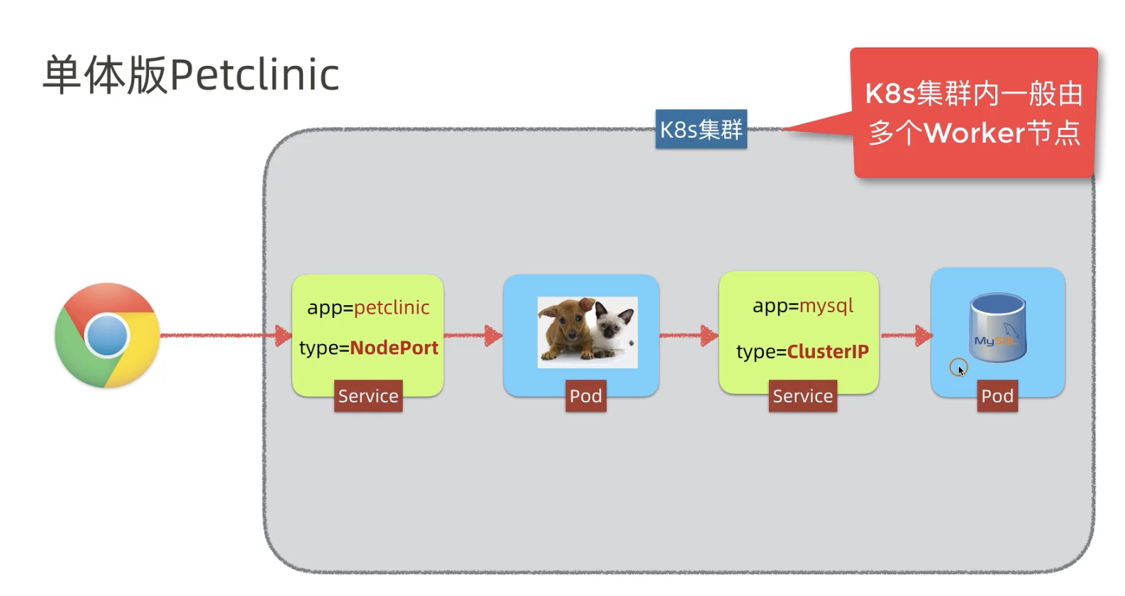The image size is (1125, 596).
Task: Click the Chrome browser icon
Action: coord(107,335)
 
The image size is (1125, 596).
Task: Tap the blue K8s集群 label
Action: coord(701,129)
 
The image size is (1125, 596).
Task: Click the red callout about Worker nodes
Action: coord(973,114)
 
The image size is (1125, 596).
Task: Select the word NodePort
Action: coord(394,348)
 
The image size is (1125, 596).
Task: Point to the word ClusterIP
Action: coord(828,351)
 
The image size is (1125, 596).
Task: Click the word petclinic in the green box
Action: coord(392,307)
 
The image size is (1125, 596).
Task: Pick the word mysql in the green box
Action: coord(826,306)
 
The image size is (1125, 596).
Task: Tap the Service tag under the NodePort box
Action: coord(368,396)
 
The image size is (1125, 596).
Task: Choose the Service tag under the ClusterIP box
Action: coord(802,396)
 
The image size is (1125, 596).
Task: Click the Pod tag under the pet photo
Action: coord(586,396)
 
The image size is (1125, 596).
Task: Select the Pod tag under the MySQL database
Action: coord(997,396)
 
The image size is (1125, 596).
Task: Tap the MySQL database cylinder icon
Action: coord(997,328)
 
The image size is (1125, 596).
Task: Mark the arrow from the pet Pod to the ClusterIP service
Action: coord(689,336)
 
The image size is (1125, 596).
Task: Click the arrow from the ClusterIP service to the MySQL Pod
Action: coord(906,336)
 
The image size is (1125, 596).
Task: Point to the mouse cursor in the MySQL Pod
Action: coord(960,370)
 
